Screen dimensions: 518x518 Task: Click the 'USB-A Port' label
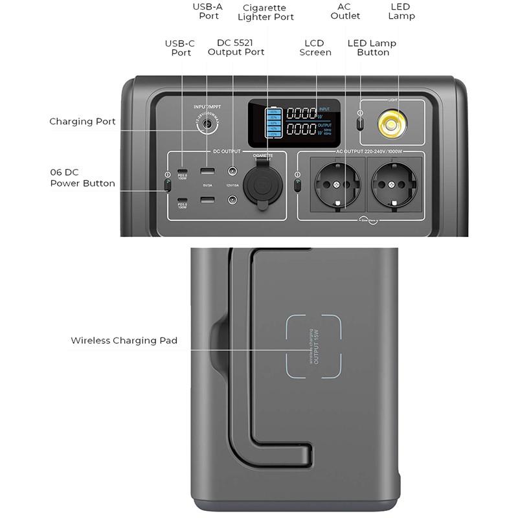point(208,11)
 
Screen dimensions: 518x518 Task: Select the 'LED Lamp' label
point(401,11)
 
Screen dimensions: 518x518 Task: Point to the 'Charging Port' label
point(82,121)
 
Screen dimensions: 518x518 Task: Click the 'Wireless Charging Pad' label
point(124,340)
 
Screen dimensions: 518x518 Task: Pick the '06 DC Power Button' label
point(82,178)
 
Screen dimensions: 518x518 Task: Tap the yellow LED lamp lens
point(392,123)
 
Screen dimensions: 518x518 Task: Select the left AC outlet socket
point(337,185)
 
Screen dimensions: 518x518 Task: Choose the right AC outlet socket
point(392,185)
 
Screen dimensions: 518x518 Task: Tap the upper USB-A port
point(207,172)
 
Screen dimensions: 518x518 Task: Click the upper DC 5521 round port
point(232,172)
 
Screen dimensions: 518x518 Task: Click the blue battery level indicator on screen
point(273,122)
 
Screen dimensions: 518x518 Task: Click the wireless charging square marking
point(313,346)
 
